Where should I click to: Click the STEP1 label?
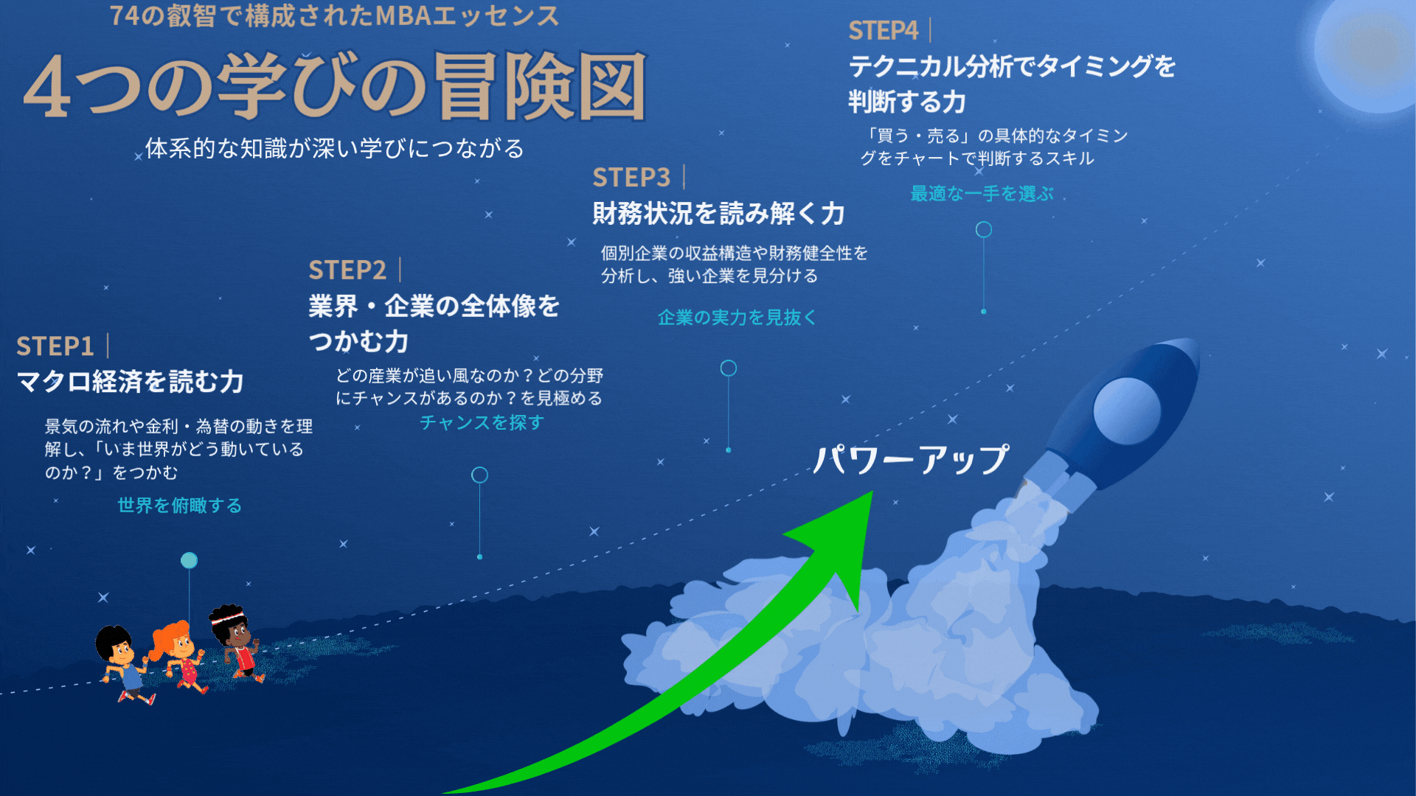coord(55,346)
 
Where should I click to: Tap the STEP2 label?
coord(347,270)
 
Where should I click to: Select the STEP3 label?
coord(631,177)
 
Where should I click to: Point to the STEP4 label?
coord(883,30)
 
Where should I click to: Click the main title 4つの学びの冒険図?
coord(336,87)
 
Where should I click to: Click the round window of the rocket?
coord(1126,411)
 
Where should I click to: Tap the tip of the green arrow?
coord(872,492)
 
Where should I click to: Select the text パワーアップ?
coord(911,459)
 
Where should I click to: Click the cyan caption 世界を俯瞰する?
coord(179,505)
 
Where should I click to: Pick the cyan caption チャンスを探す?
coord(482,422)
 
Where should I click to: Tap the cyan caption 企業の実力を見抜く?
coord(737,317)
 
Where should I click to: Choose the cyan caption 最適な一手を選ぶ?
coord(982,193)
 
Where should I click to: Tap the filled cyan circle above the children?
coord(189,560)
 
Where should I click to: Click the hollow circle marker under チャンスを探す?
coord(479,475)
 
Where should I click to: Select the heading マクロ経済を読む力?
coord(130,381)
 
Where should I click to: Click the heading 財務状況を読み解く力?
coord(718,213)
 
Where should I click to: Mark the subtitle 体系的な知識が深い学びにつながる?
coord(334,148)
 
